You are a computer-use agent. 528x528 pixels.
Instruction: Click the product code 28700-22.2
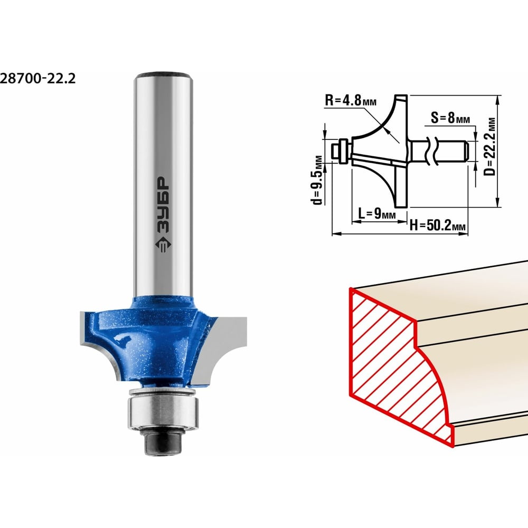[x=37, y=79]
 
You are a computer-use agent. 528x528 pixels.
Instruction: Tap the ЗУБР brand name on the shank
[x=164, y=205]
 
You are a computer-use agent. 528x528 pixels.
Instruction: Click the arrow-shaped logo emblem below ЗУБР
[x=163, y=245]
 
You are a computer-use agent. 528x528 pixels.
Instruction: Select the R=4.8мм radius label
[x=351, y=100]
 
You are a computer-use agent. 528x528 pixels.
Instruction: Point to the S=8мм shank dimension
[x=450, y=118]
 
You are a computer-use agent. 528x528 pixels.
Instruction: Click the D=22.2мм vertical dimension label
[x=490, y=146]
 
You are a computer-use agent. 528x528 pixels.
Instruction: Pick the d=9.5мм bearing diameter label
[x=317, y=180]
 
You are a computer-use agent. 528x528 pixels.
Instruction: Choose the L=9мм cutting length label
[x=377, y=213]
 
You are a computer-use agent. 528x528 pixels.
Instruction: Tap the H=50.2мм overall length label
[x=437, y=225]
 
